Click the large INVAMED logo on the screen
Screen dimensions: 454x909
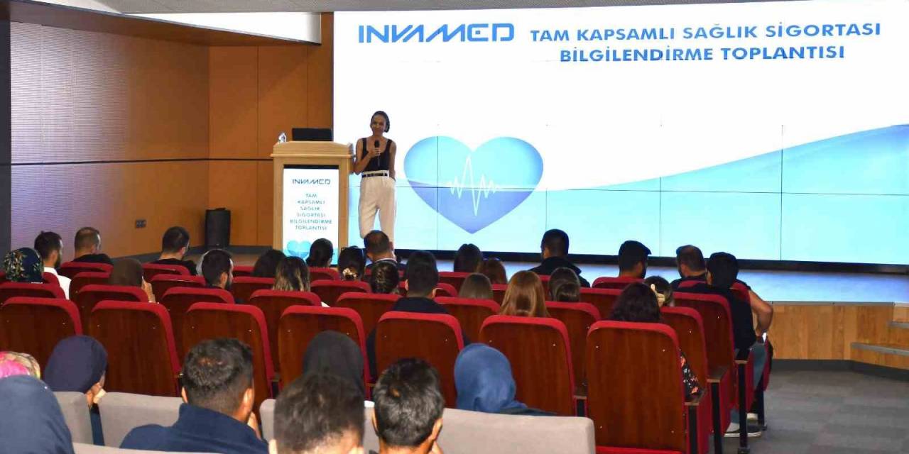(x=435, y=33)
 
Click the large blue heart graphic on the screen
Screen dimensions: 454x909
(x=473, y=183)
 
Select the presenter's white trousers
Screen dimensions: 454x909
(x=376, y=206)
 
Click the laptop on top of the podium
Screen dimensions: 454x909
(x=312, y=134)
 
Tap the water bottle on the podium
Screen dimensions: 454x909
(x=282, y=137)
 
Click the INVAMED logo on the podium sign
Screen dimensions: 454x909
(x=311, y=182)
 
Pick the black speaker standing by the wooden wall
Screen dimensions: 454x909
(x=217, y=228)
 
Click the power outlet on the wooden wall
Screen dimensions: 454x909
(x=140, y=223)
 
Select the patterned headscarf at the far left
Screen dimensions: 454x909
(x=23, y=265)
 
